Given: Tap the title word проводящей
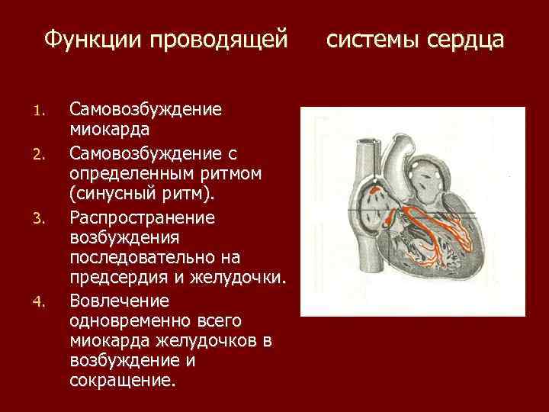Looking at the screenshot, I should [221, 38].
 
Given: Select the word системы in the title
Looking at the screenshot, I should [374, 38].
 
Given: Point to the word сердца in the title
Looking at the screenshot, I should [465, 38].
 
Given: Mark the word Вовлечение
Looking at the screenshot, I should [115, 299].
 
